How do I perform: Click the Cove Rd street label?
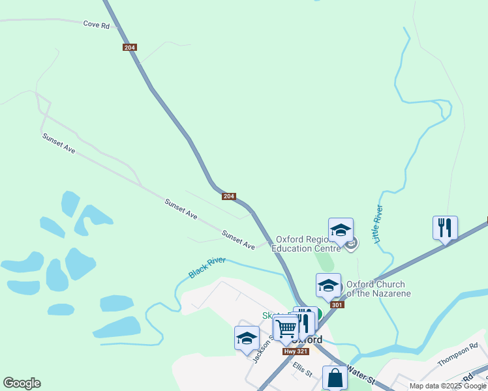96,24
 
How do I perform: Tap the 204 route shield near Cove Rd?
129,48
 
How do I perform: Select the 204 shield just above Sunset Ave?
228,196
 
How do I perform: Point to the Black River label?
207,268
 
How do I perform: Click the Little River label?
378,224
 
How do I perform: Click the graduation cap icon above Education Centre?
341,230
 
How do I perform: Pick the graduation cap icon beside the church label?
328,285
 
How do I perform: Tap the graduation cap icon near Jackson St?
247,338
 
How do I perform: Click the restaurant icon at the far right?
445,228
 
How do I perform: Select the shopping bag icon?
335,378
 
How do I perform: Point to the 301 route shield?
337,304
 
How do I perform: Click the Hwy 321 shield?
291,351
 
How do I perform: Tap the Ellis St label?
303,369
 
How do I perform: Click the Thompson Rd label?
458,354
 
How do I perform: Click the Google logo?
22,383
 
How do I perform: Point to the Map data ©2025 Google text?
448,386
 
